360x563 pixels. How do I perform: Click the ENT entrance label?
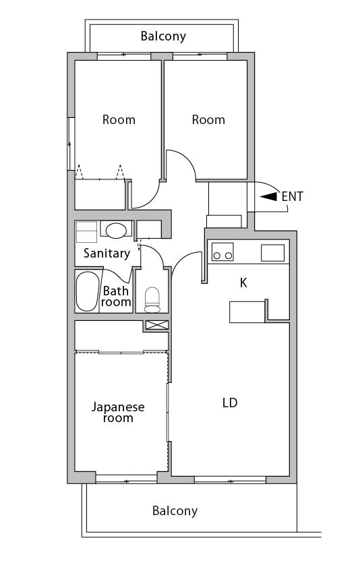[293, 197]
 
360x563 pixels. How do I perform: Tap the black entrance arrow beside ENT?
[268, 197]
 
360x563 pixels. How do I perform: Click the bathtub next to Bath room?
[88, 291]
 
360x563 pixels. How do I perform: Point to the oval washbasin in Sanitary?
[116, 230]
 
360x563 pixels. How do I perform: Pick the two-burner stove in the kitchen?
[222, 255]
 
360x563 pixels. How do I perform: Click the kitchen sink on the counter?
[272, 253]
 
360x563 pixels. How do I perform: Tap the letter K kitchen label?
[243, 283]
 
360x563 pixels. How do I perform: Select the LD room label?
[230, 403]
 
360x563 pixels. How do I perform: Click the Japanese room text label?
[118, 413]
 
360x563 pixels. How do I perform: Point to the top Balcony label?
[163, 36]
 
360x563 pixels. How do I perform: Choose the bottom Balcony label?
[175, 511]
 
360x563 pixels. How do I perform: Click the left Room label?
[119, 120]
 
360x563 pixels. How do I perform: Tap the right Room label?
[208, 120]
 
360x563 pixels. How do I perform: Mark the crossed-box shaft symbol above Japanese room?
[156, 325]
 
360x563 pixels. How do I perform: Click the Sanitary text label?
[106, 254]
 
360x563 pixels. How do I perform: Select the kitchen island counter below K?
[247, 312]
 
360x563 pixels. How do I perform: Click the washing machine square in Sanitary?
[86, 232]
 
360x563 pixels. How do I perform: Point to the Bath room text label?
[116, 297]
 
